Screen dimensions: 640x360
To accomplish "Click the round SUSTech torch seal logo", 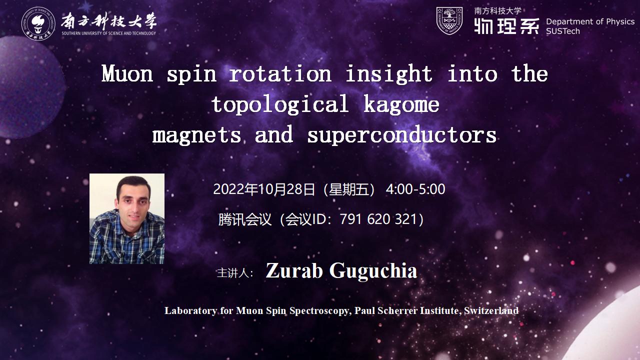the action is (x=38, y=23).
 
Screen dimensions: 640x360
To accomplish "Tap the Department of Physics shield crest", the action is (x=449, y=21).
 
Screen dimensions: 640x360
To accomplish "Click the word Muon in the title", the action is (x=127, y=73).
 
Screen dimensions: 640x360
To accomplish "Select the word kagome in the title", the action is (x=401, y=104).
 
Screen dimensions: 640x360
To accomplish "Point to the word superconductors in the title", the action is (x=401, y=135).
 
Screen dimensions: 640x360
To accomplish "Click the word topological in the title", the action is (x=280, y=104).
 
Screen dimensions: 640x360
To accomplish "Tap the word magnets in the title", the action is (x=196, y=135).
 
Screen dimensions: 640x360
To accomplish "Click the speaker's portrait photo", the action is (x=127, y=218).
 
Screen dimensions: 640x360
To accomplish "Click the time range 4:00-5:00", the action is (x=415, y=189).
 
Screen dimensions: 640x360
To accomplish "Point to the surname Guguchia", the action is (x=373, y=270).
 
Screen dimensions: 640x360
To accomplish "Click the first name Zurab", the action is (x=294, y=270).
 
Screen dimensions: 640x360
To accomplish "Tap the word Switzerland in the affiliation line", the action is (x=491, y=310).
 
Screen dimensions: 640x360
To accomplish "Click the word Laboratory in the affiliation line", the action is (x=191, y=310).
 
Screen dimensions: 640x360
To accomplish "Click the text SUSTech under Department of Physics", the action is (x=563, y=31).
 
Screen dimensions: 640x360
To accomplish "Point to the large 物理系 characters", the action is (x=506, y=26).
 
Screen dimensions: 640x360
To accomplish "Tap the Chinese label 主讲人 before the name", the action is (x=233, y=273).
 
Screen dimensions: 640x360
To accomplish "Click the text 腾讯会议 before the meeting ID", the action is (x=245, y=219).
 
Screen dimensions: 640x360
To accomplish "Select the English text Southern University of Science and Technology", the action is (x=109, y=33).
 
